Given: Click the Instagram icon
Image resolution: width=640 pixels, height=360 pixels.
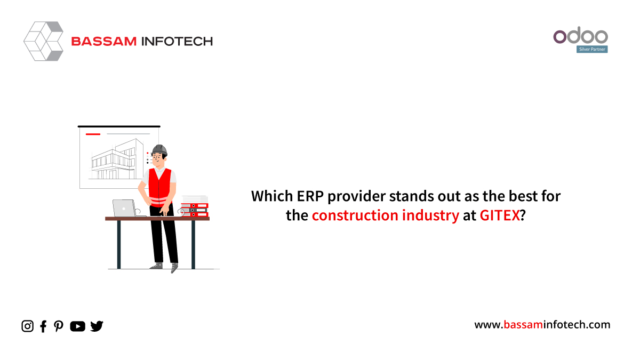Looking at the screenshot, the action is (27, 326).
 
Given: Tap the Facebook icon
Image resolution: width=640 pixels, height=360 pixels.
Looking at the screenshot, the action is (43, 326).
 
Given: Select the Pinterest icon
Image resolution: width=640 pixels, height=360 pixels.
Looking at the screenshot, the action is (59, 326).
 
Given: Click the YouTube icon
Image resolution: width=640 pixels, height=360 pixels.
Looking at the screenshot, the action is (77, 326).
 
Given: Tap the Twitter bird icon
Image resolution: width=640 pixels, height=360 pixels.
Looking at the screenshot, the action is (97, 326).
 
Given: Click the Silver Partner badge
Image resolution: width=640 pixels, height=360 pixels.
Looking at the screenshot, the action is (592, 49).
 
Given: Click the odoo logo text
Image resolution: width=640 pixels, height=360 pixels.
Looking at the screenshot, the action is (581, 35).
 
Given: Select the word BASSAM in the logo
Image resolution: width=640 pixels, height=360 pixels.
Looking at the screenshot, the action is (104, 42).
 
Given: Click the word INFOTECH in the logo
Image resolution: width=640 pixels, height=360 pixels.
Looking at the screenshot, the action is (177, 42).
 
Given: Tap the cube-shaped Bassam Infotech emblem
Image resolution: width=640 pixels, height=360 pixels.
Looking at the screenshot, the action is (43, 41).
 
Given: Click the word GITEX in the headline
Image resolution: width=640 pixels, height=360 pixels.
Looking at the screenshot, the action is (499, 215).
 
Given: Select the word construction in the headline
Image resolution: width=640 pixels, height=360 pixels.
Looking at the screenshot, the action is (355, 215).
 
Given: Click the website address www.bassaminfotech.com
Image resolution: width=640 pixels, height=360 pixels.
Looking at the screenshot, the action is (542, 325).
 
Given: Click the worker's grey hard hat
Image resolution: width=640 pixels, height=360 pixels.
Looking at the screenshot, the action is (159, 150).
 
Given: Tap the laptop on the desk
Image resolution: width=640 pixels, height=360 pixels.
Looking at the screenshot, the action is (126, 209).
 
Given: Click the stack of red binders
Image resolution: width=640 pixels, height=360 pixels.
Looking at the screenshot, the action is (195, 210).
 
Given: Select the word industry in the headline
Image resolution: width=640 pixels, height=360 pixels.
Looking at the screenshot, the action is (430, 215).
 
